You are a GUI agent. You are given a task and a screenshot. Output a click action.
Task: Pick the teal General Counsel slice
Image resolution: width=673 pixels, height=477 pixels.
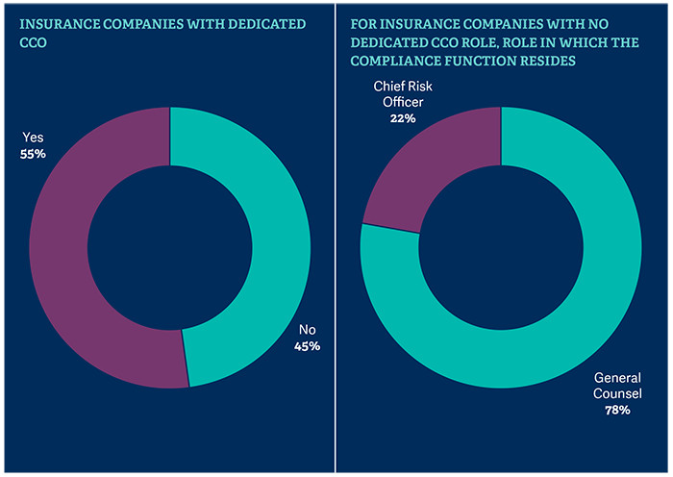pyautogui.click(x=577, y=289)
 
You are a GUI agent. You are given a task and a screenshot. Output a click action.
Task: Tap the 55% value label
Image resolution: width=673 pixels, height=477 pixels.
pyautogui.click(x=35, y=152)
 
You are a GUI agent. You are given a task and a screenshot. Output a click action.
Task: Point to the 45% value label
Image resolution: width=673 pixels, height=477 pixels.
pyautogui.click(x=307, y=345)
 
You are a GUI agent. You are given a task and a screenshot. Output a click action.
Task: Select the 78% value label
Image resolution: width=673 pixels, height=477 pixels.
pyautogui.click(x=616, y=411)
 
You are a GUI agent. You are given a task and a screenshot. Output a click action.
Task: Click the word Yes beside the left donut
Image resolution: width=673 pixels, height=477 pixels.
pyautogui.click(x=34, y=137)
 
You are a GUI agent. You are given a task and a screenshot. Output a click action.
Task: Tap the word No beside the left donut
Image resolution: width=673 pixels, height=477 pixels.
pyautogui.click(x=305, y=329)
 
